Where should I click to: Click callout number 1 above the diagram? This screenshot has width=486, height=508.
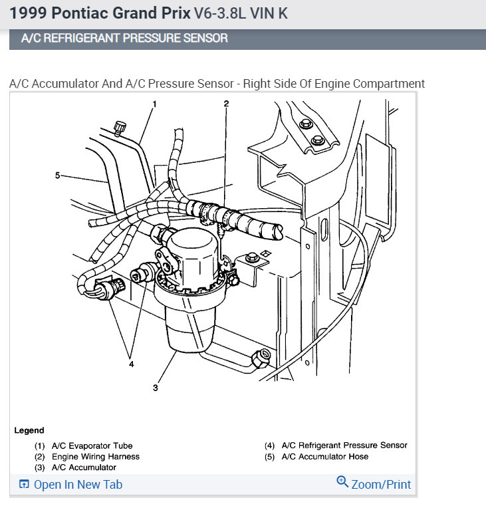click(x=154, y=104)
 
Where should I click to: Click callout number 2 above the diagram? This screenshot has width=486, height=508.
click(x=226, y=104)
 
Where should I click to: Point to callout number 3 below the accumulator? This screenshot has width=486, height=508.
click(x=156, y=388)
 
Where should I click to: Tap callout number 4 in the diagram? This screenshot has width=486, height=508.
click(x=132, y=364)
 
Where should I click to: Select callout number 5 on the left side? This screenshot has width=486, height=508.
click(x=58, y=176)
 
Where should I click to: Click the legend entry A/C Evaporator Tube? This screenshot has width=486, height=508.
click(x=92, y=446)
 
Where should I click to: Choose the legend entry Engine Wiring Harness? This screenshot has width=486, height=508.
click(x=96, y=457)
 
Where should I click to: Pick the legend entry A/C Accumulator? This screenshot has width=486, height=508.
click(x=84, y=467)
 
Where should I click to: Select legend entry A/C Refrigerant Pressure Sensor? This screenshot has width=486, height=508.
click(x=344, y=445)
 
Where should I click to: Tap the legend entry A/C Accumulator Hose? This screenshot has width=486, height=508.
click(x=324, y=457)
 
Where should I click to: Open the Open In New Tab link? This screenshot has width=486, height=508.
click(x=78, y=485)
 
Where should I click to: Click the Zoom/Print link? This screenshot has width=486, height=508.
click(x=382, y=485)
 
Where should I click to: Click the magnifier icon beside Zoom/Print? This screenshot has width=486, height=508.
click(x=342, y=482)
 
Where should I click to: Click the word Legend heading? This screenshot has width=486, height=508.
click(x=29, y=430)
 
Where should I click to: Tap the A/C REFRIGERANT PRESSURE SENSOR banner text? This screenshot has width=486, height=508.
click(x=124, y=39)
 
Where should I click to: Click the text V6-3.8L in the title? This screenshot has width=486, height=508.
click(x=222, y=13)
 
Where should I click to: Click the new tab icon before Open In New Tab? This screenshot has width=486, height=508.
click(x=23, y=485)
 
